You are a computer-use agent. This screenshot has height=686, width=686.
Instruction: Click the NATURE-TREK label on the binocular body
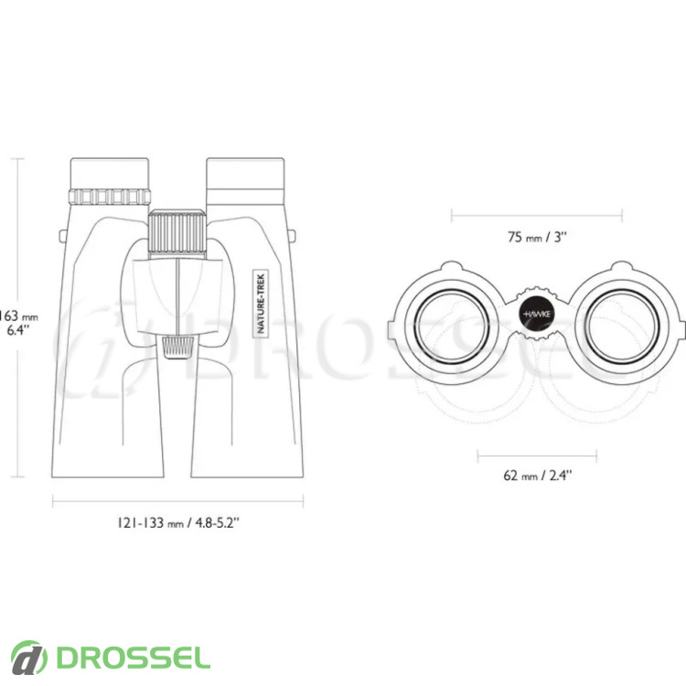(x=261, y=304)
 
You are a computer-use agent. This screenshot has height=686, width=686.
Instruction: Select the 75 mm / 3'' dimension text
(x=537, y=237)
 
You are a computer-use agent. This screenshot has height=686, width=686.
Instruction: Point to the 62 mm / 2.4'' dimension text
(x=538, y=475)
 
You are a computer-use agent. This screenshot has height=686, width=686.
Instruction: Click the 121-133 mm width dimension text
(x=178, y=522)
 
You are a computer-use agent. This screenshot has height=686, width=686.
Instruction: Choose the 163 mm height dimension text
(x=18, y=316)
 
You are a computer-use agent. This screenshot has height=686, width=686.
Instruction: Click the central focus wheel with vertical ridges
(x=177, y=232)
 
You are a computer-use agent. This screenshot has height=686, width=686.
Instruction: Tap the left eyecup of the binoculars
(x=110, y=174)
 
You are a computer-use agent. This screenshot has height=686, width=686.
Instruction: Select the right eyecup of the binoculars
(x=245, y=174)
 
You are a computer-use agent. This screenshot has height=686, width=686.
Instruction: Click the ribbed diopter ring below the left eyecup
(x=110, y=197)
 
